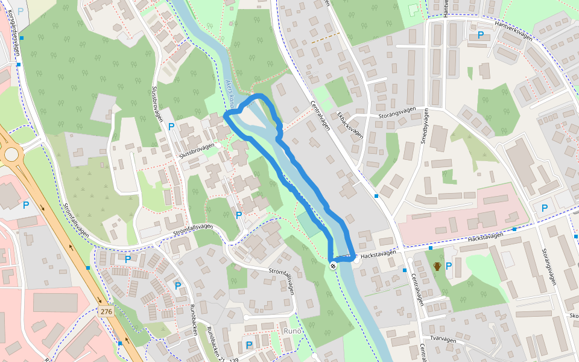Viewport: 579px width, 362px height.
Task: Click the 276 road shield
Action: click(x=106, y=311)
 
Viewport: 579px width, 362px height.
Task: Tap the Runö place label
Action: click(x=292, y=331)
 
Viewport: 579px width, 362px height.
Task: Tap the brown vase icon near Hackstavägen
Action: click(x=437, y=266)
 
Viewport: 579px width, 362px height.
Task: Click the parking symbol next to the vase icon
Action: click(x=449, y=265)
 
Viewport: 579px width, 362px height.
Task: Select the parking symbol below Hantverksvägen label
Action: click(x=481, y=35)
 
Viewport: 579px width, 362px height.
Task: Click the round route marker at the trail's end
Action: click(x=333, y=266)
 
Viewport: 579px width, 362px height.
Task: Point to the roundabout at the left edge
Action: click(x=11, y=154)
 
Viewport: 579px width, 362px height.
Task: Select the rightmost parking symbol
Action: click(x=545, y=208)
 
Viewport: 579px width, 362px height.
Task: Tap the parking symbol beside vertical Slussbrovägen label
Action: click(x=171, y=127)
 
